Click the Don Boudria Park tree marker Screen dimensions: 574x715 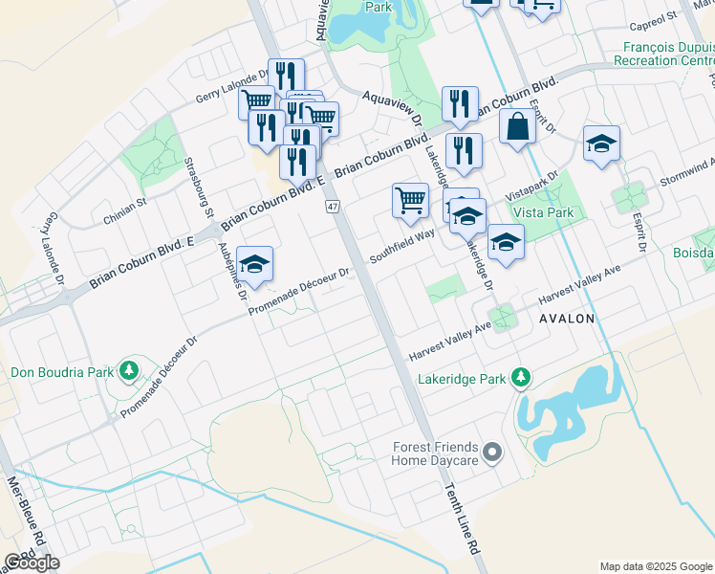click(127, 371)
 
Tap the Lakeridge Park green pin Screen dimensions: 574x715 click(520, 379)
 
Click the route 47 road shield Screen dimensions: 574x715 click(332, 207)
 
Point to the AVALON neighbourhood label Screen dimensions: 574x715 click(568, 318)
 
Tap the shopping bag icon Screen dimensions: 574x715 click(517, 126)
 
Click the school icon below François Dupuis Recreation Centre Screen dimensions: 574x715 click(601, 144)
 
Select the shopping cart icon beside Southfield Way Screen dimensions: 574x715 click(410, 201)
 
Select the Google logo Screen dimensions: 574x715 click(32, 563)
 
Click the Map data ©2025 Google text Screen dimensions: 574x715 click(656, 566)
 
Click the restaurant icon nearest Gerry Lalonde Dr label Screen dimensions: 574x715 click(286, 76)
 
